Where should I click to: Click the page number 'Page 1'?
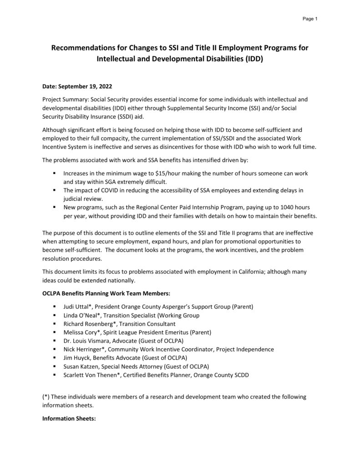(x=310, y=19)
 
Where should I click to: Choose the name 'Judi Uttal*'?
(x=79, y=307)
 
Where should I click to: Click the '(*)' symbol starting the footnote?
(x=46, y=396)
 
